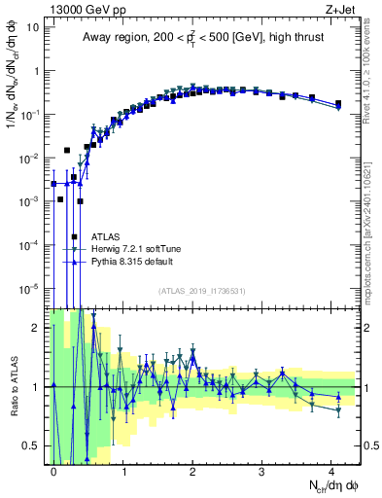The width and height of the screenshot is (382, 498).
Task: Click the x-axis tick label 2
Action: click(193, 469)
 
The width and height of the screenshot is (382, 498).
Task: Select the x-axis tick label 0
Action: click(53, 469)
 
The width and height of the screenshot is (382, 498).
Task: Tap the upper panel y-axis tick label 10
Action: click(32, 27)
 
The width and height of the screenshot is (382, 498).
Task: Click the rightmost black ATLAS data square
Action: click(337, 103)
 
